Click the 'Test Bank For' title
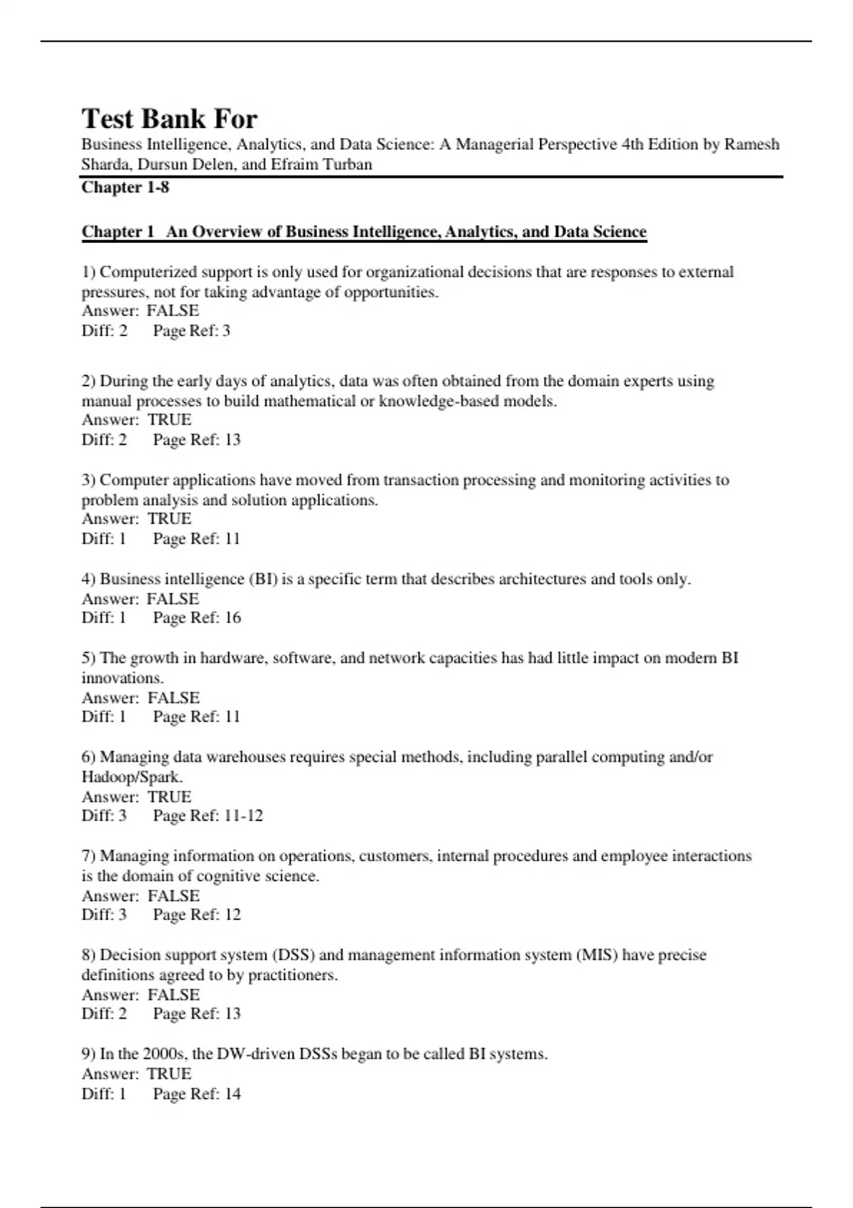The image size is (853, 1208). pos(169,118)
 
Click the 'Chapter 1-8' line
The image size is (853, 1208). pos(125,188)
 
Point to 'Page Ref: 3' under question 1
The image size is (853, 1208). pos(191,330)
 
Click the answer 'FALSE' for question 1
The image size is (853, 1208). pos(173,311)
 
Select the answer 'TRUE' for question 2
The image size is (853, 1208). pos(169,419)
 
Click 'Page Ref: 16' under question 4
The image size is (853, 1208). pos(197,618)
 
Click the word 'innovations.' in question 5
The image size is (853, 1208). pos(122,678)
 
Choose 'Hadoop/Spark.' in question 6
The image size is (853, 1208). pos(132,777)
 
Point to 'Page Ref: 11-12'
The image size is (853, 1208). pos(208,816)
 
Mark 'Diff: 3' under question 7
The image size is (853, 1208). pos(104,915)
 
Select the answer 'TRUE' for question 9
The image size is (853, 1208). pos(169,1074)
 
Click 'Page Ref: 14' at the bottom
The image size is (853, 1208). pos(197,1094)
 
